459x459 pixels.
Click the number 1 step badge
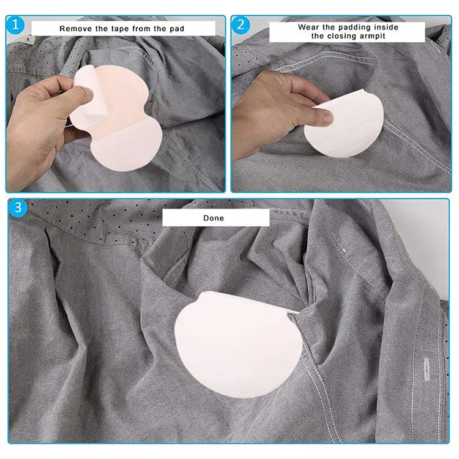(17, 26)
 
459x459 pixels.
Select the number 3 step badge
(18, 207)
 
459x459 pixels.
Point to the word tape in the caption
(119, 29)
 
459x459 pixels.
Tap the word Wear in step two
(309, 27)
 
